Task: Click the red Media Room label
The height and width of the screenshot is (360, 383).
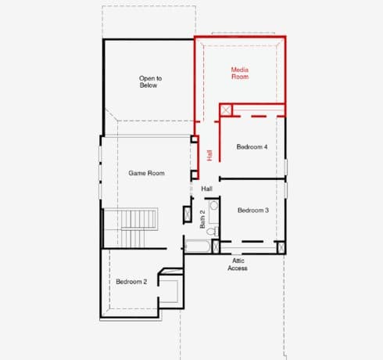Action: click(240, 74)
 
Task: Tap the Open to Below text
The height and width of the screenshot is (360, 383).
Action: click(150, 81)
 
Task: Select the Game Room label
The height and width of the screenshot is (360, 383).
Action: click(146, 173)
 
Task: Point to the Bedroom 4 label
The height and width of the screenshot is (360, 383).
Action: click(252, 146)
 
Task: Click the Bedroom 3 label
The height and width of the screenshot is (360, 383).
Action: click(253, 210)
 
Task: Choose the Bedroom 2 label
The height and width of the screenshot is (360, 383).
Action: click(131, 282)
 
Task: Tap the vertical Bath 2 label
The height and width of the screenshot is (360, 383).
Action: click(202, 219)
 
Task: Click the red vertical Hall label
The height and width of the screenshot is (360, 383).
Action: click(209, 155)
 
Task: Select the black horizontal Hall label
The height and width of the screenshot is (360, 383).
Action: click(206, 189)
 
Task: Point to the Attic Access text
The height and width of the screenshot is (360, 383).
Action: click(238, 265)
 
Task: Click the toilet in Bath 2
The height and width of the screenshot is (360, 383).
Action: click(213, 231)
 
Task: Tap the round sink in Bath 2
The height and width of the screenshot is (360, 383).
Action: click(214, 206)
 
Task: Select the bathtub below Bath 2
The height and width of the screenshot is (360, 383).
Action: click(198, 246)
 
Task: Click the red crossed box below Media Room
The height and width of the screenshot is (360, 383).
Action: click(226, 110)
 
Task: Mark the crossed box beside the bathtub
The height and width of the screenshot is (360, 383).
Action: click(216, 247)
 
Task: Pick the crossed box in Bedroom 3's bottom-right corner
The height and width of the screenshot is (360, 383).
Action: click(281, 247)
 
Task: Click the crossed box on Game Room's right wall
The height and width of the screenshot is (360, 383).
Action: click(188, 214)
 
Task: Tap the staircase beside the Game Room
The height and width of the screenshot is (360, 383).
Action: click(131, 228)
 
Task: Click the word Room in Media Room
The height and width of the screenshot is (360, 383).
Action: click(240, 77)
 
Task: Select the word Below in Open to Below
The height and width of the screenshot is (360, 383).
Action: click(149, 85)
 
